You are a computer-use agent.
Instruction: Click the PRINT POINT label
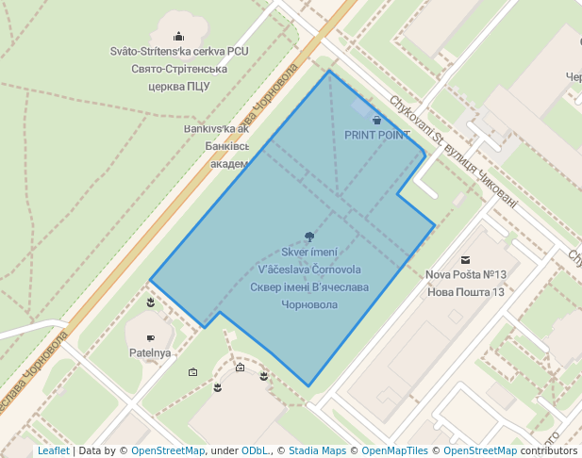[x=377, y=135]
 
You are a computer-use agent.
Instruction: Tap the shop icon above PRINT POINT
[x=377, y=120]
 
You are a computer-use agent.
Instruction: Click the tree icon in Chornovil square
[x=309, y=237]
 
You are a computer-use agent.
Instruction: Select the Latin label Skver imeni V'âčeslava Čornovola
[x=309, y=260]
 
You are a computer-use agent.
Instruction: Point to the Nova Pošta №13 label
[x=467, y=275]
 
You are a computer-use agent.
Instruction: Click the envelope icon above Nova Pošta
[x=465, y=259]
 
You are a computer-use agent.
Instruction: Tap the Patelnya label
[x=150, y=352]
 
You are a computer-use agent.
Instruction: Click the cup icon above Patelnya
[x=150, y=337]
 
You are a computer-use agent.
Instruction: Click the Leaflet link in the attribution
[x=53, y=450]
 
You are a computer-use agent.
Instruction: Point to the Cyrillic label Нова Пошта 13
[x=467, y=292]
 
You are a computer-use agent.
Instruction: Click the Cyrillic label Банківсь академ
[x=227, y=155]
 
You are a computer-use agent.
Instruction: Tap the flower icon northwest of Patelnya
[x=150, y=303]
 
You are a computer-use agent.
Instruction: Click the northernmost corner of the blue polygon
[x=329, y=71]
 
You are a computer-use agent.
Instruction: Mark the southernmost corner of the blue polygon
[x=308, y=386]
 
